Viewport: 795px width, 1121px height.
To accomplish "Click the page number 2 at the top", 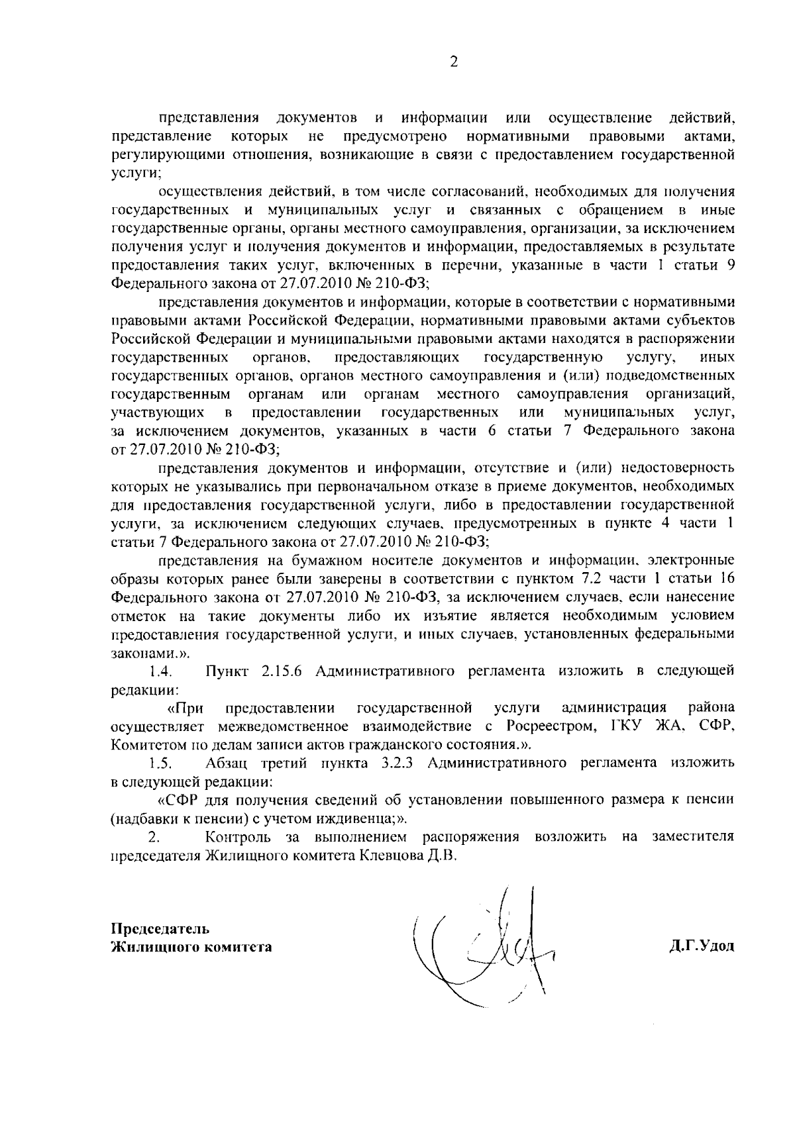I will tap(453, 62).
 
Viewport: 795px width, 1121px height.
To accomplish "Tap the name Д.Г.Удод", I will tap(702, 946).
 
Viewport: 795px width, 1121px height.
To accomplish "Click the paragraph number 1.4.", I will tap(161, 671).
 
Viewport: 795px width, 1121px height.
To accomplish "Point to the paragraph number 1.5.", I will tap(161, 763).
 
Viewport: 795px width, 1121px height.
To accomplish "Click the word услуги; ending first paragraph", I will tap(135, 173).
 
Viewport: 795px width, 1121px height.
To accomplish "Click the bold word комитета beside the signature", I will tap(242, 947).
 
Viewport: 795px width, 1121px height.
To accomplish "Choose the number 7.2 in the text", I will tap(590, 578).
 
